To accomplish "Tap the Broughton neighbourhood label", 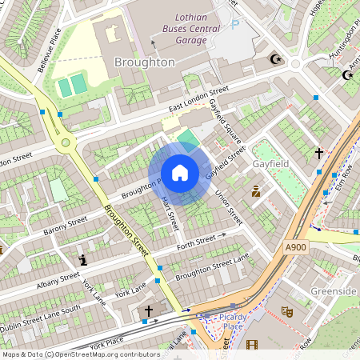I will click(x=145, y=62).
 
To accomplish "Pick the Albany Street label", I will click(x=58, y=281).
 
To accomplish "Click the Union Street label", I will click(x=229, y=206).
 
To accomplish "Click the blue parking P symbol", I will click(x=234, y=25).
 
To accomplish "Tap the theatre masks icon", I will click(x=286, y=312).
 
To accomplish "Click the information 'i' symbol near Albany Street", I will click(x=83, y=260).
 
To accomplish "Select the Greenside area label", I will click(x=333, y=291).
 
